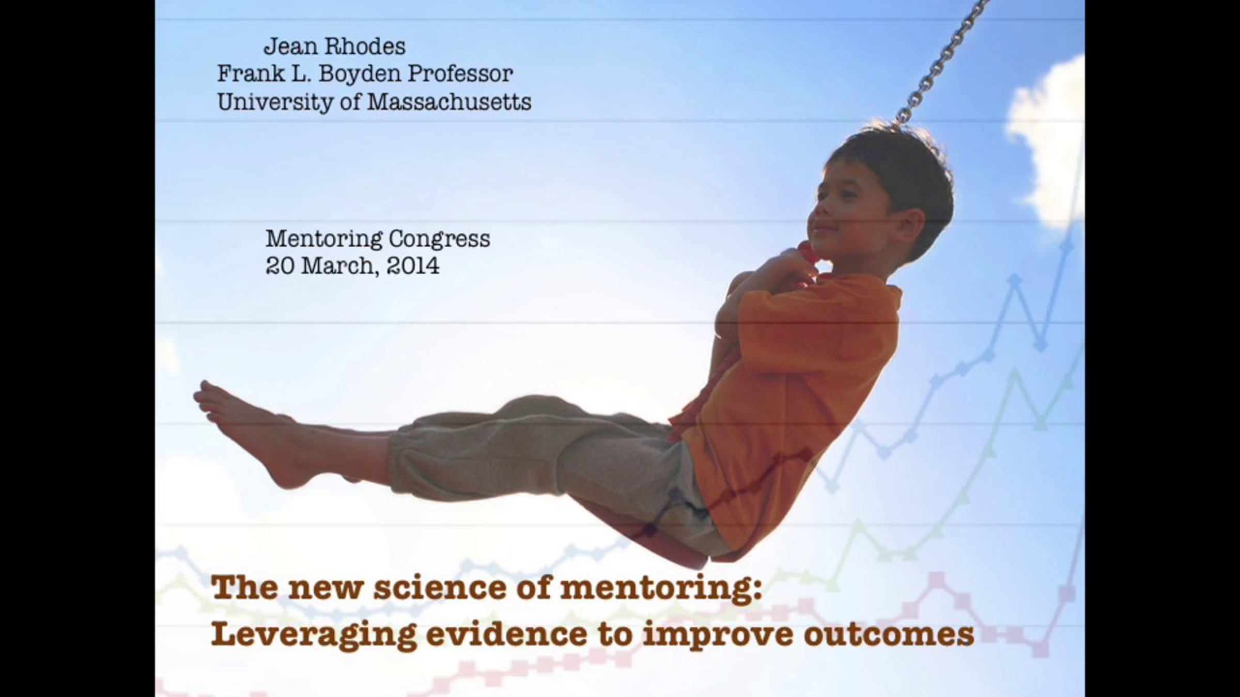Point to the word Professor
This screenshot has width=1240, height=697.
(460, 74)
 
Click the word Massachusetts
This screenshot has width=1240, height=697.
(449, 102)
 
